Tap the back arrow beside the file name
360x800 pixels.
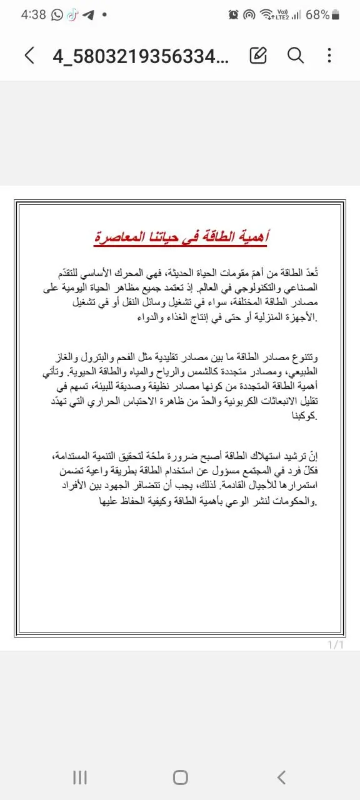point(29,56)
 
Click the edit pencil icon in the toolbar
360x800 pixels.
point(257,56)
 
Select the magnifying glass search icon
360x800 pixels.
point(295,56)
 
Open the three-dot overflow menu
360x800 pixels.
point(329,56)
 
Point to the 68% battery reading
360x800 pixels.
point(318,14)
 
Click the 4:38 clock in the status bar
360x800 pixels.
point(33,14)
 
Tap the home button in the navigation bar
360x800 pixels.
point(180,777)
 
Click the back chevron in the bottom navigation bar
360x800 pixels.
point(281,777)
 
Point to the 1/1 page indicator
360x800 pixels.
point(336,645)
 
